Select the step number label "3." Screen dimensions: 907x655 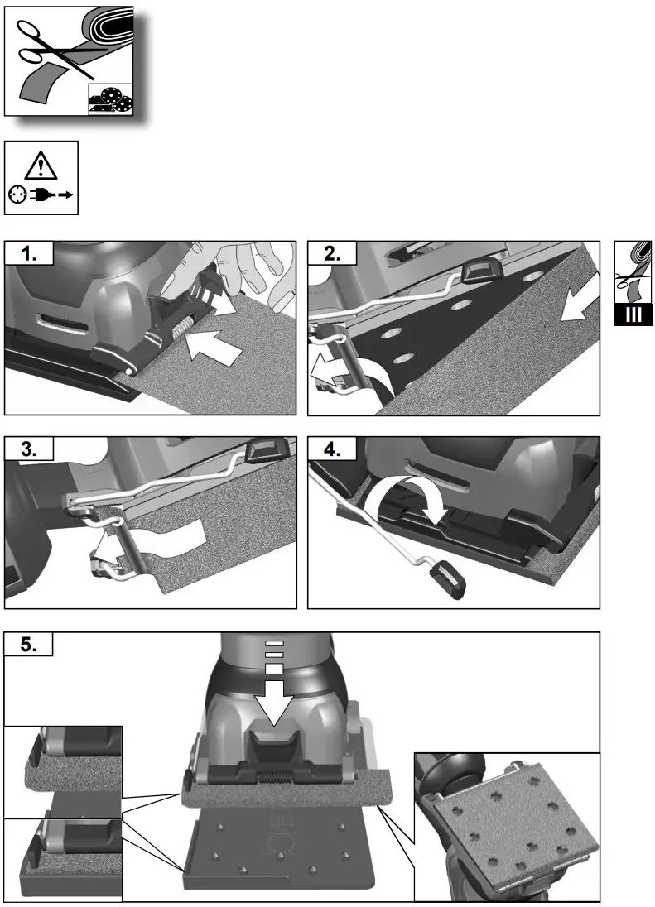(x=30, y=450)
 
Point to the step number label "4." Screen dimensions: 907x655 (x=333, y=450)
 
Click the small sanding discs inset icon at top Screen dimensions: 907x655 (x=110, y=100)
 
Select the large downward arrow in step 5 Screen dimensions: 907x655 (x=276, y=699)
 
